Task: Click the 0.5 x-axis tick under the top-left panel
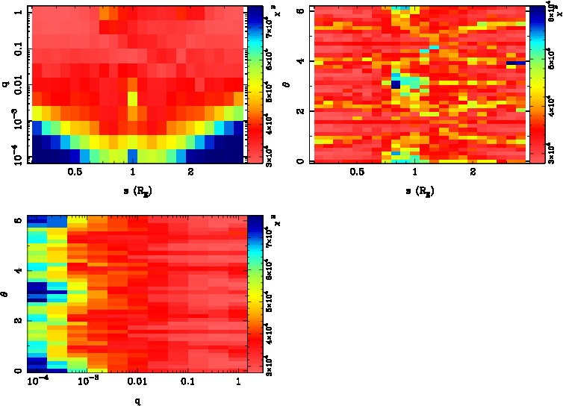[x=74, y=172]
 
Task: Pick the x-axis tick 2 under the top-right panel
[x=473, y=172]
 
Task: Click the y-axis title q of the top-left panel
[x=6, y=84]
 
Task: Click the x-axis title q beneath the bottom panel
[x=137, y=400]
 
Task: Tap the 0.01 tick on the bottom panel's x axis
[x=137, y=381]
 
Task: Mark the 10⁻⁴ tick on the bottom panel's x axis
[x=37, y=381]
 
